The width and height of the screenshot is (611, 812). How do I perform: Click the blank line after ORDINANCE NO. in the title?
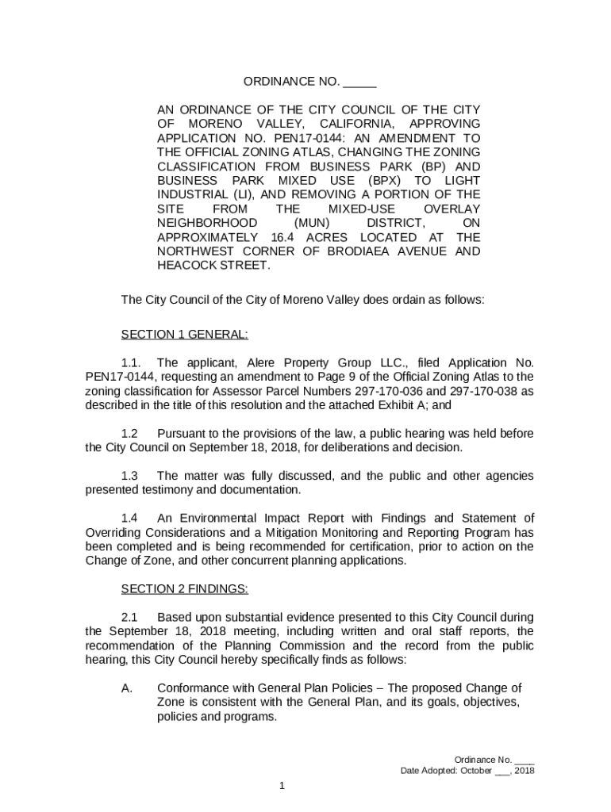coord(360,82)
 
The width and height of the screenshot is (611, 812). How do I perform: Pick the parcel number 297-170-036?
coord(376,391)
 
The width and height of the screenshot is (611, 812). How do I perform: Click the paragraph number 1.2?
coord(129,434)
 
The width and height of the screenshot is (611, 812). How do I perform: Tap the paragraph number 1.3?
coord(129,476)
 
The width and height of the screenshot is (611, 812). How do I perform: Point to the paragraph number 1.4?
coord(129,519)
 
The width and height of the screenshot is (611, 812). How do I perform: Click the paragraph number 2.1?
coord(129,617)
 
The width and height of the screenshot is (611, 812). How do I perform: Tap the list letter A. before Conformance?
coord(127,688)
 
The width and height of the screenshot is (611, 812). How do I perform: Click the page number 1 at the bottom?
coord(281,786)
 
